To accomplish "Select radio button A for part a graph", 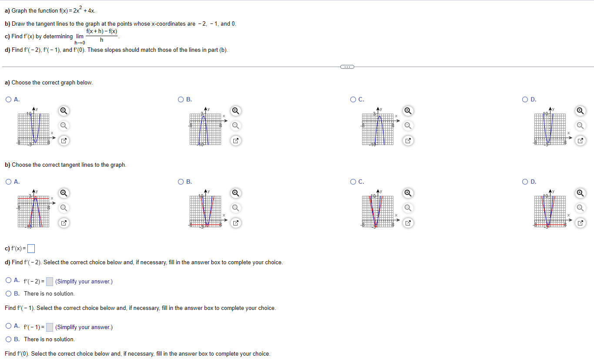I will (9, 100).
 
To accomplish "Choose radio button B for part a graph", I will (181, 100).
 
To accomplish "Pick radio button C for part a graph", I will (353, 100).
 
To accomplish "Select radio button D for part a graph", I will (525, 100).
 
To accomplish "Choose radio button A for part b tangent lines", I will (9, 182).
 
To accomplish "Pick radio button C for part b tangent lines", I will (353, 182).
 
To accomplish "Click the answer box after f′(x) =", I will (31, 249).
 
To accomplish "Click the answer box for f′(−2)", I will (50, 282).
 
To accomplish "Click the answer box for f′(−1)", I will (50, 327).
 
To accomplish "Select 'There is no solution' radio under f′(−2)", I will (9, 294).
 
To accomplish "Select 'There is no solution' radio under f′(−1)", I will (9, 340).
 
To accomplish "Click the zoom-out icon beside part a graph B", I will (235, 126).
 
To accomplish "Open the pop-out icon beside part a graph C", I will (407, 141).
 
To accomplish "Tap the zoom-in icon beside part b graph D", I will (580, 193).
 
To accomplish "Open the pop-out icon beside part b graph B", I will (235, 223).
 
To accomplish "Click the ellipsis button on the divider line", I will (347, 67).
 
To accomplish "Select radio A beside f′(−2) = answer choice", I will (9, 282).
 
